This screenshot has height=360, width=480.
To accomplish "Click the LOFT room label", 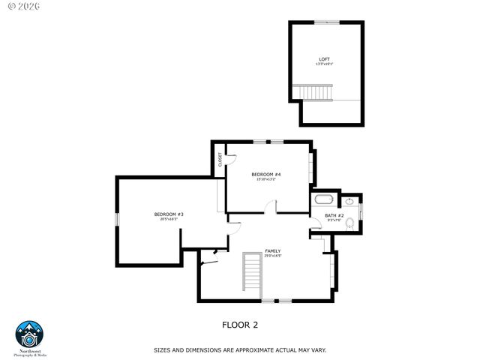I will (x=324, y=58).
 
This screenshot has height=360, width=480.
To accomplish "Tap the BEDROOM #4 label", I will (x=266, y=174).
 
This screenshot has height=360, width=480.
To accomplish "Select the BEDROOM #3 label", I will (x=169, y=214).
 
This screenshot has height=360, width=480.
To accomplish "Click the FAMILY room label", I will (x=272, y=250).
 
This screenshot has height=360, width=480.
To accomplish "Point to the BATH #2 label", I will (x=334, y=216).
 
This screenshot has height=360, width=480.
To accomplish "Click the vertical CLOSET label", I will (x=220, y=160).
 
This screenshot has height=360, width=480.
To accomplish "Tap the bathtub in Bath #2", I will (x=324, y=200).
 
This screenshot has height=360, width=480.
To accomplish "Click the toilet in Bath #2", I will (x=349, y=202).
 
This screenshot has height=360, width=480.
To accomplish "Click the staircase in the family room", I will (x=252, y=273).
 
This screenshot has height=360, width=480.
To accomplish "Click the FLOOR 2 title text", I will (x=240, y=325).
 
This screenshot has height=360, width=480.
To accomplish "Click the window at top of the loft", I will (x=326, y=22).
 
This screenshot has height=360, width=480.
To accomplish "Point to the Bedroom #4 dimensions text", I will (x=266, y=179).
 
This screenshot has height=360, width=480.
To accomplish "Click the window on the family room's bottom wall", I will (x=276, y=301).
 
